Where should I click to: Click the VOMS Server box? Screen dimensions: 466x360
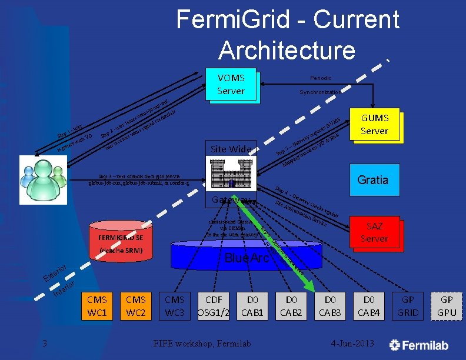point(231,85)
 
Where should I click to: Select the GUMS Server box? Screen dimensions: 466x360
point(374,125)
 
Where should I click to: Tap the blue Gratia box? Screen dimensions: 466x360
point(374,179)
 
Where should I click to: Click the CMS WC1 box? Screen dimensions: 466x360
point(96,306)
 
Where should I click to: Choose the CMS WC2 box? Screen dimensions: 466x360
point(135,306)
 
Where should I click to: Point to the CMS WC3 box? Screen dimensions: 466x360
point(175,306)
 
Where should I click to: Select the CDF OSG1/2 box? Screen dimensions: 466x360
point(214,306)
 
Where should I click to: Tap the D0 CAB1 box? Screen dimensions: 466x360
point(252,306)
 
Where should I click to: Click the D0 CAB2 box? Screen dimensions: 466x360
point(291,306)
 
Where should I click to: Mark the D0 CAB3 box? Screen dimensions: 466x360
point(330,306)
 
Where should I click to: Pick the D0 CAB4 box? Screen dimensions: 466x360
point(369,306)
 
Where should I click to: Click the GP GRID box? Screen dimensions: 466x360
point(408,306)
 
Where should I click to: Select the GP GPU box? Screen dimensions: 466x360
point(447,306)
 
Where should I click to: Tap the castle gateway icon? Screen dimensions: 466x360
point(231,175)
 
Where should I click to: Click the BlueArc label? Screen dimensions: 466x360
point(248,258)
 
